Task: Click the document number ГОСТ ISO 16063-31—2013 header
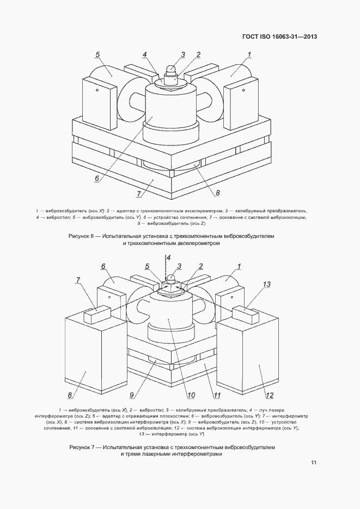pos(279,36)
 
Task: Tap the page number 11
pos(313,463)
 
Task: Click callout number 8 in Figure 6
pos(217,193)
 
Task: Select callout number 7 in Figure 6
pos(139,194)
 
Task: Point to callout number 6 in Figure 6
pos(97,178)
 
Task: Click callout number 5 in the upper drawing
pos(97,54)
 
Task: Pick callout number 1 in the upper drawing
pos(249,54)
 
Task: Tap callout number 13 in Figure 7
pos(266,284)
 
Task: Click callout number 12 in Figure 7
pos(270,395)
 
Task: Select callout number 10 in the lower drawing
pos(191,395)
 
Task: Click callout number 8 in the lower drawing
pos(70,395)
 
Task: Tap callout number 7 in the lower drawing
pos(78,280)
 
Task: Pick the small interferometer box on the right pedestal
pos(246,314)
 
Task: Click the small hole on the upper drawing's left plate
pos(97,90)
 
